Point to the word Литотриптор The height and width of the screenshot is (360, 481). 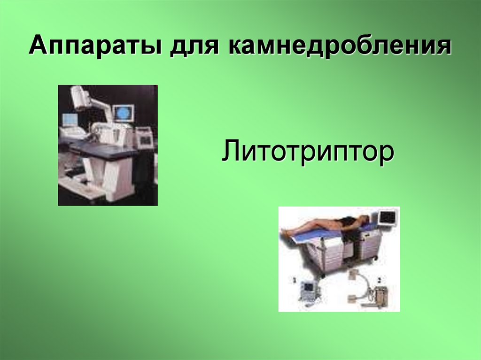(x=308, y=153)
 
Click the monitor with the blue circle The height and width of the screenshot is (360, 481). (x=123, y=113)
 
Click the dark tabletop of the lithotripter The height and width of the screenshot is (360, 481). (x=101, y=150)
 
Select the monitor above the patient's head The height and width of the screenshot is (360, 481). (x=388, y=218)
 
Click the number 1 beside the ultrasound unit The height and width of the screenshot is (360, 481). (x=295, y=280)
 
